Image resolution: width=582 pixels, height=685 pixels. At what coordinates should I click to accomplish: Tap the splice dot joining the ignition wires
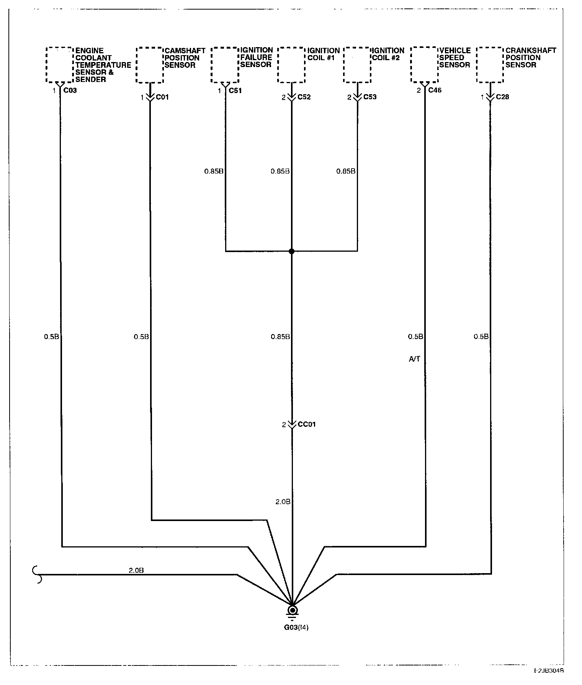[291, 251]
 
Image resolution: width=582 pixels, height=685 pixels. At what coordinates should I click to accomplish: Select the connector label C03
[70, 91]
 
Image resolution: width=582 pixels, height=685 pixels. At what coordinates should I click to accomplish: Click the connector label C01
[162, 97]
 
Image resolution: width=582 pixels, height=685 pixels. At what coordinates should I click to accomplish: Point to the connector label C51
[235, 91]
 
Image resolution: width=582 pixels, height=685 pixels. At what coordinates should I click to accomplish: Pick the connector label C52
[304, 97]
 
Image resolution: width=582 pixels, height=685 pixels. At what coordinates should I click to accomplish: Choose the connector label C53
[370, 97]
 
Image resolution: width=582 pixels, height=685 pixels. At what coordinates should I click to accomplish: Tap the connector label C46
[435, 90]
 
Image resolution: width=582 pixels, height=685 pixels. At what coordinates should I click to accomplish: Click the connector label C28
[502, 97]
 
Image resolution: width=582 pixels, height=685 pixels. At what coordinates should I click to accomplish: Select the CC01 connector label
[307, 424]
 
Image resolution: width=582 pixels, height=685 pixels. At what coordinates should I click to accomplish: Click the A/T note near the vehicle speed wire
[415, 359]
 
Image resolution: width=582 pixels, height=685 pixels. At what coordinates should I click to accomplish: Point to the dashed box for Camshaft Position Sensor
[150, 65]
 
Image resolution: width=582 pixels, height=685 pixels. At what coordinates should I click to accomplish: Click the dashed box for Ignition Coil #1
[291, 65]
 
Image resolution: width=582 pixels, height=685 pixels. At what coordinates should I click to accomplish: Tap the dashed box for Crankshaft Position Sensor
[490, 65]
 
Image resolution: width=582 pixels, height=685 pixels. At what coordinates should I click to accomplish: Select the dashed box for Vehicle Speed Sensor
[424, 65]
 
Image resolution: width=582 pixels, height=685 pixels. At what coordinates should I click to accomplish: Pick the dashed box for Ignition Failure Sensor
[225, 65]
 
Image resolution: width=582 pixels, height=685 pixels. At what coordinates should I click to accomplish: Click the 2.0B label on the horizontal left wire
[136, 570]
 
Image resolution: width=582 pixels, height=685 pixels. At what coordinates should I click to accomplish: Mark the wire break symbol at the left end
[38, 575]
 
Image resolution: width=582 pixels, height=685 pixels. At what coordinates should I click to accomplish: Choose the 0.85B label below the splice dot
[280, 337]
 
